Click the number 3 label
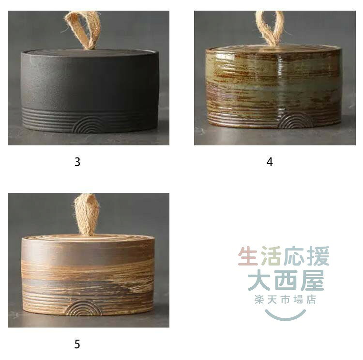pos(77,162)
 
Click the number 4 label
pos(270,162)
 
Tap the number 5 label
pos(77,344)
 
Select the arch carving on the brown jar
pos(83,308)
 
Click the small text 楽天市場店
pos(286,299)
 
